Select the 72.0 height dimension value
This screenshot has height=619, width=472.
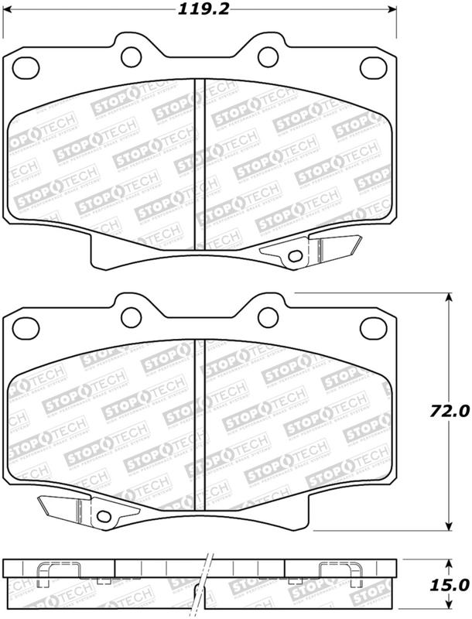point(451,411)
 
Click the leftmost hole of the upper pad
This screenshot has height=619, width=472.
point(24,67)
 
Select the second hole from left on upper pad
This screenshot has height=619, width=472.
point(133,55)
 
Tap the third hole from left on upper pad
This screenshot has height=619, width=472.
point(267,55)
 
